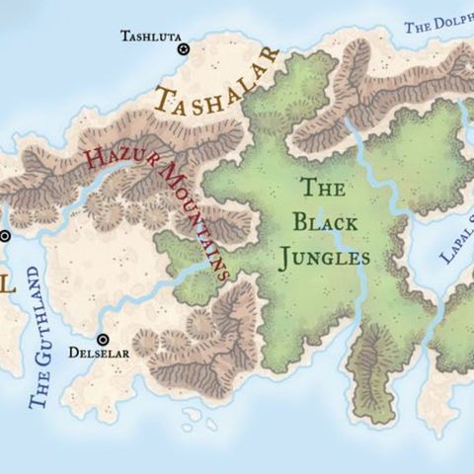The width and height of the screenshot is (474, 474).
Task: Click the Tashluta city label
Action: pos(150,37)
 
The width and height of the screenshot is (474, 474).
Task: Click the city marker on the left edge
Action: pos(4,236)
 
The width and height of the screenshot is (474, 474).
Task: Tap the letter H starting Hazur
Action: pos(95,159)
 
